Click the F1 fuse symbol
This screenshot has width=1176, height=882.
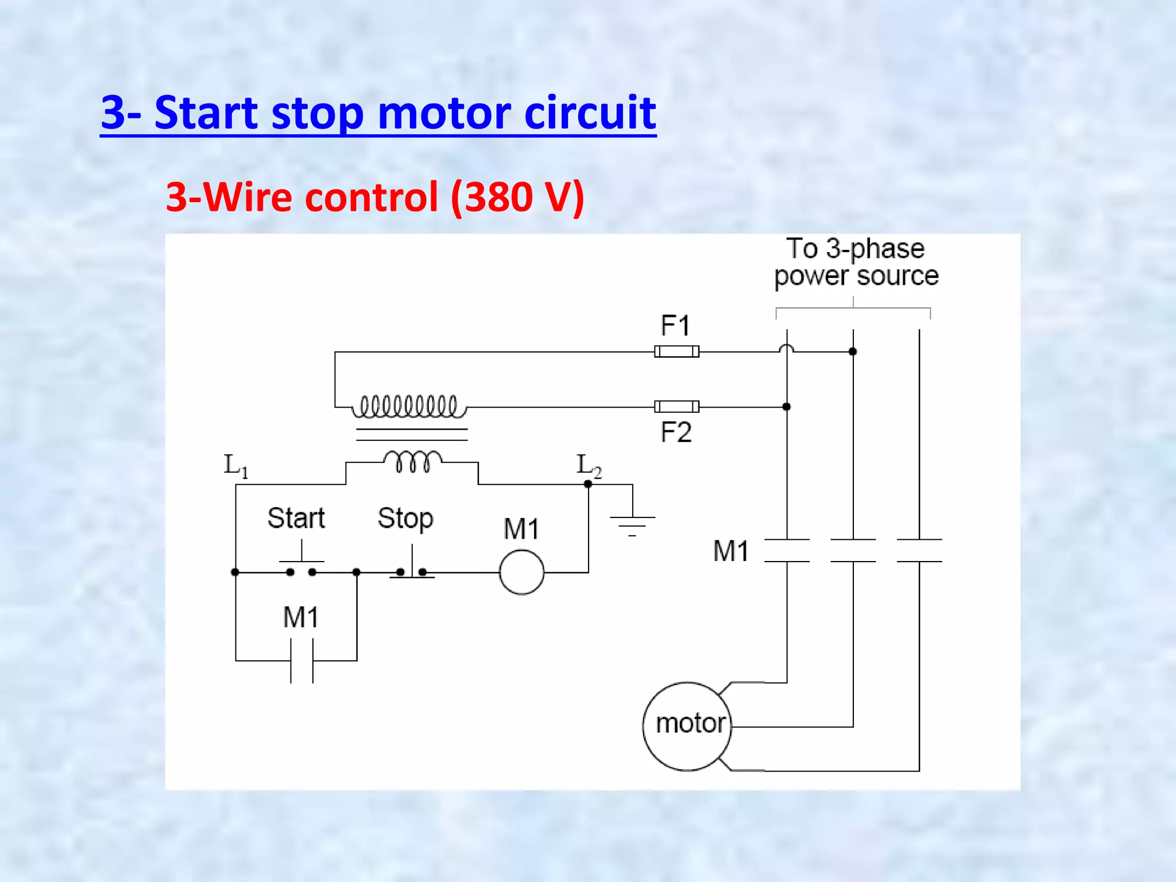676,351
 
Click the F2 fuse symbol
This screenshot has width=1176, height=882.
676,407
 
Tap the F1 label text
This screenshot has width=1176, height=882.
675,326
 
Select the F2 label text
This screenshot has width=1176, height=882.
676,432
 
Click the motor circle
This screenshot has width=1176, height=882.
687,726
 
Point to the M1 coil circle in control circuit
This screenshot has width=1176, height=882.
521,572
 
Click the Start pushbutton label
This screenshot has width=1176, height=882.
296,518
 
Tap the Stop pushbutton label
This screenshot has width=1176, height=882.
405,518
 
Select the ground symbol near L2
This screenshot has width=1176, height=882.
632,524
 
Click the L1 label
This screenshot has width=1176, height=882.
235,465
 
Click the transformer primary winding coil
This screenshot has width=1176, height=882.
409,406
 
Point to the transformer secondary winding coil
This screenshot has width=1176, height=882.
412,461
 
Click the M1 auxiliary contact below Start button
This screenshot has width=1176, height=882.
301,661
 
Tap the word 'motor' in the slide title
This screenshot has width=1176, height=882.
444,113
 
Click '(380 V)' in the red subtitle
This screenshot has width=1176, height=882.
517,197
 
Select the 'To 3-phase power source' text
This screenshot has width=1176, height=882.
856,262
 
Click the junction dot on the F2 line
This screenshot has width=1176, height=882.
787,407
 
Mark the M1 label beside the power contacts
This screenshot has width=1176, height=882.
730,551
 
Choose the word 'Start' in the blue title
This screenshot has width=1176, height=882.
206,113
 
